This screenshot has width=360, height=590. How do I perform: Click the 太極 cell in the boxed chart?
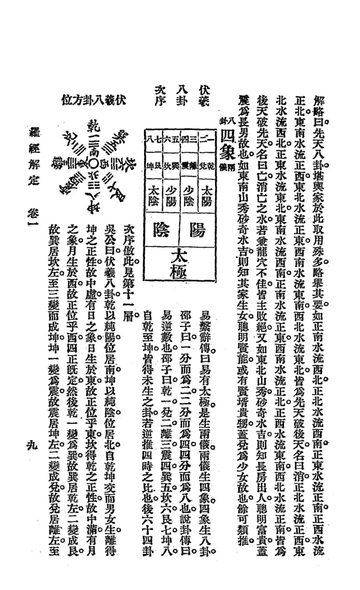pos(179,262)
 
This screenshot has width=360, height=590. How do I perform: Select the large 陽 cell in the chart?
pos(197,230)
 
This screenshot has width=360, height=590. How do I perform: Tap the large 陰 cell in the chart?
pos(161,230)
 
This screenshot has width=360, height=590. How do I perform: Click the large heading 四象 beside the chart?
pos(228,147)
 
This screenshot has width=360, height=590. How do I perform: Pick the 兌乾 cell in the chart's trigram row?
pos(207,165)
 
